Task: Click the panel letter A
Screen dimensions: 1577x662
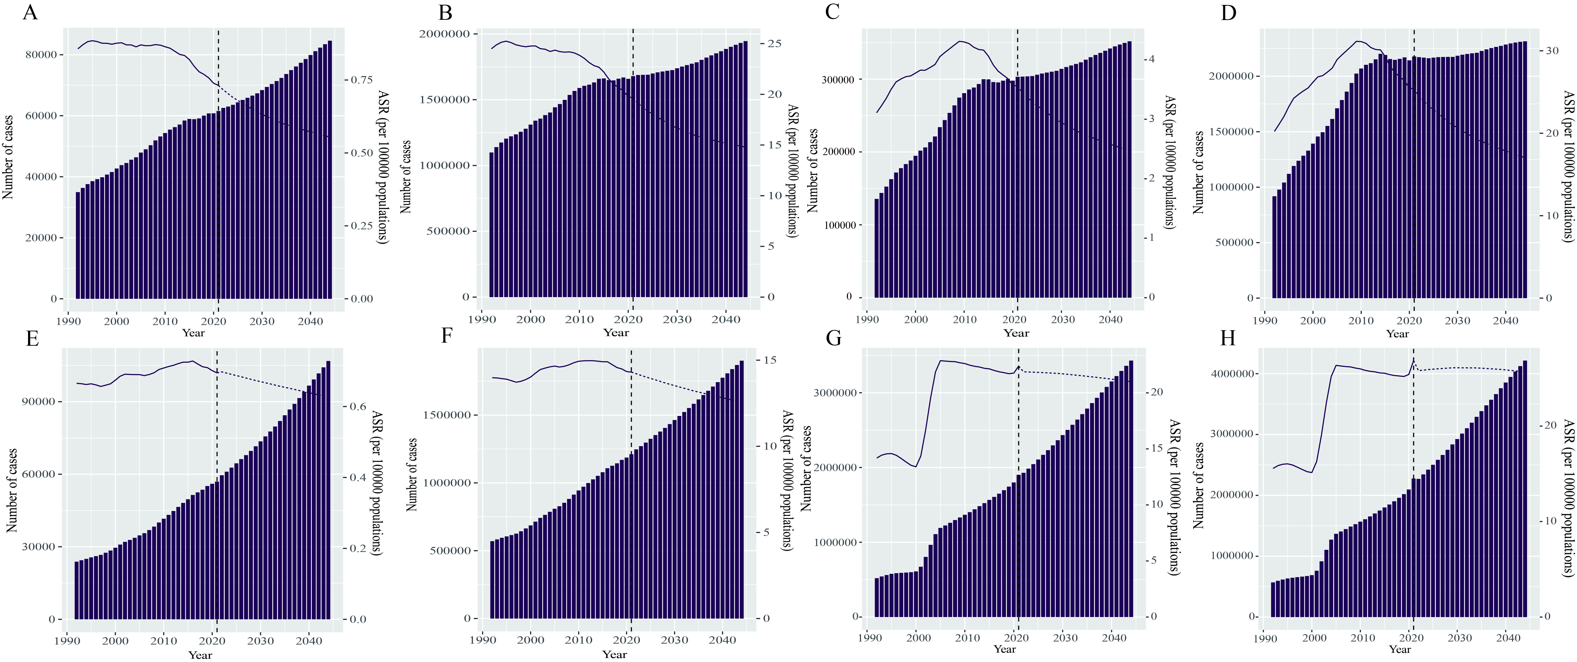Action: (x=30, y=12)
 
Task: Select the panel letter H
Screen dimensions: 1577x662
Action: (x=1228, y=339)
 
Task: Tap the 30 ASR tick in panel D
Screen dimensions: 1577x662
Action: (x=1552, y=51)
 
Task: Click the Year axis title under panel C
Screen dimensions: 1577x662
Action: (x=1016, y=333)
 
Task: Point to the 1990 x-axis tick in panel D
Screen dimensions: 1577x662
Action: (x=1265, y=320)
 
